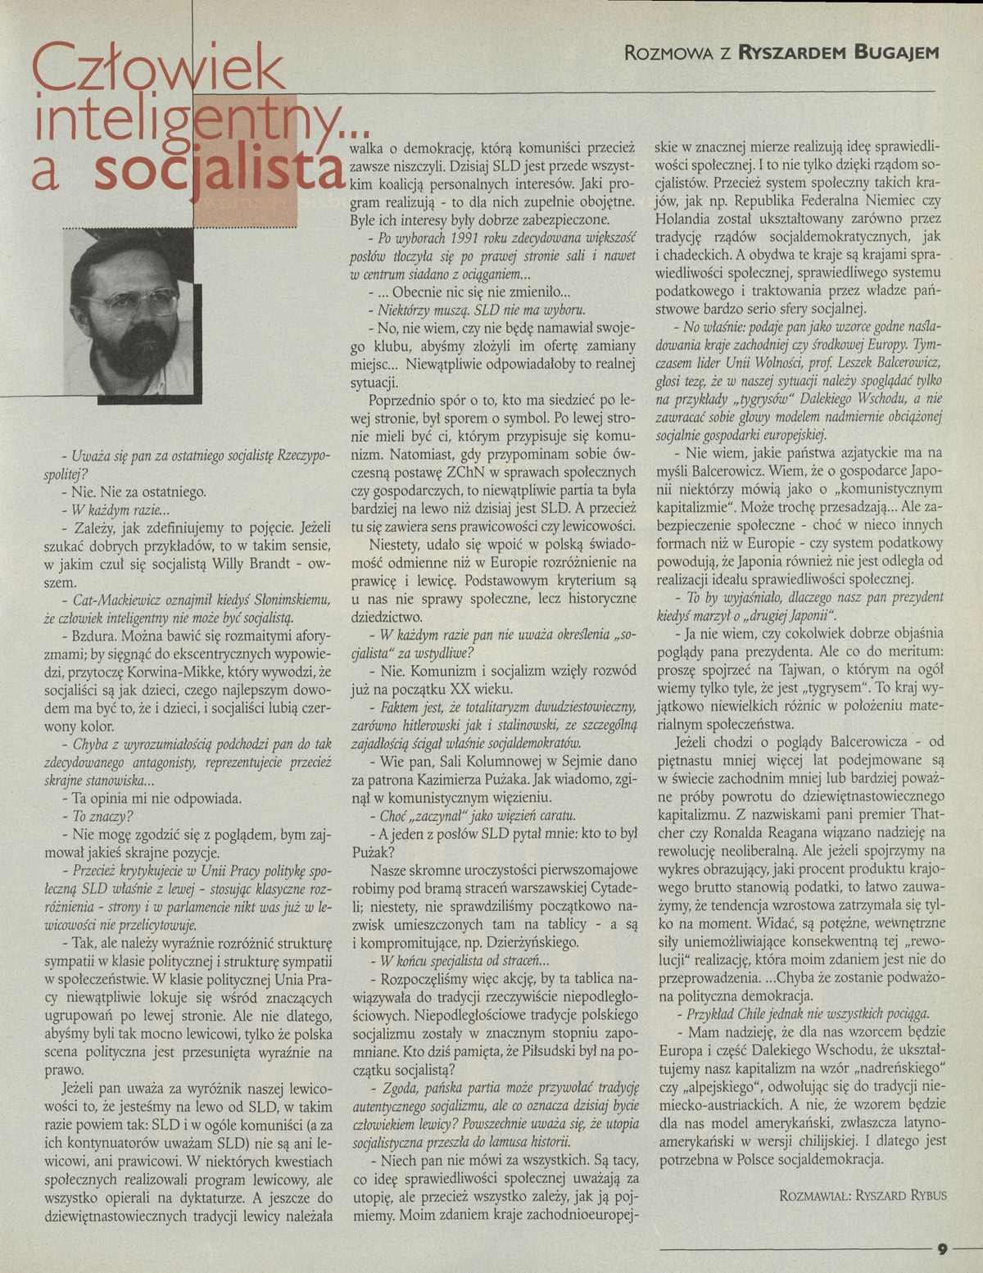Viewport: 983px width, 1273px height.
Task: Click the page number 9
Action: point(942,1249)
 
